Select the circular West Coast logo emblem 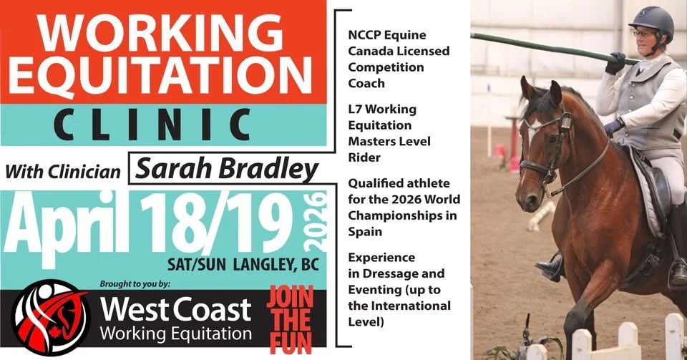51,318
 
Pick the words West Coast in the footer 175,309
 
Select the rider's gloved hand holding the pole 615,62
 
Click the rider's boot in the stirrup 550,267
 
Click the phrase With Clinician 66,172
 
